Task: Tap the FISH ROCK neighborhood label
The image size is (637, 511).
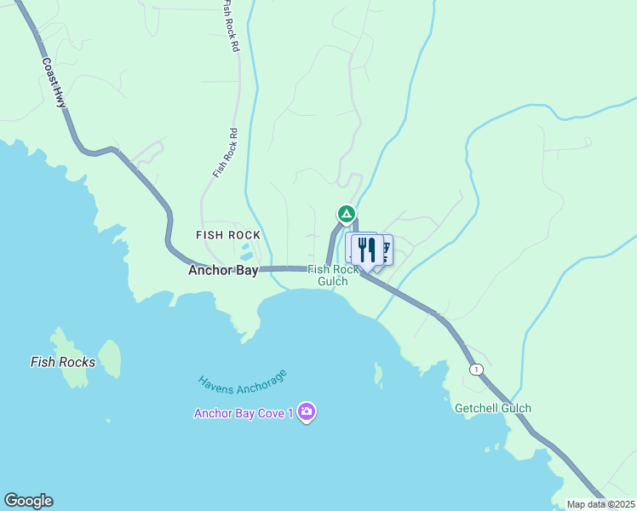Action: pyautogui.click(x=227, y=235)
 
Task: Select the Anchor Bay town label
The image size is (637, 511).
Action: pyautogui.click(x=223, y=271)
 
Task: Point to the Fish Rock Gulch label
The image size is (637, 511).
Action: pyautogui.click(x=333, y=275)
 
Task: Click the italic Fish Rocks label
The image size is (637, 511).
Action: pyautogui.click(x=63, y=362)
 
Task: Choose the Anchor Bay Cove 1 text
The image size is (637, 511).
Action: pyautogui.click(x=244, y=414)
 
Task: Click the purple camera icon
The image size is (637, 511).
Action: pyautogui.click(x=307, y=413)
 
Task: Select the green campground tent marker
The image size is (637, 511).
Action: pyautogui.click(x=346, y=213)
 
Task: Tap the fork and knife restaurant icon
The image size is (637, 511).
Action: pyautogui.click(x=365, y=250)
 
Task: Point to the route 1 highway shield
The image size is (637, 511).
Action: pyautogui.click(x=475, y=368)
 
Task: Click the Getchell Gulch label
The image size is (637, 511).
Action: pyautogui.click(x=493, y=408)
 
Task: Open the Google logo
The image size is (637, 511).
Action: pyautogui.click(x=28, y=501)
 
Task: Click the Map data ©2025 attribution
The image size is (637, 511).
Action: pyautogui.click(x=600, y=504)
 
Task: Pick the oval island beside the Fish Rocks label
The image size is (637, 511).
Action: pyautogui.click(x=109, y=357)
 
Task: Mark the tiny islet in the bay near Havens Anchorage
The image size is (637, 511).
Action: pyautogui.click(x=378, y=373)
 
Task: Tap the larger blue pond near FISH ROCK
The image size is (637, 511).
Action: pyautogui.click(x=245, y=254)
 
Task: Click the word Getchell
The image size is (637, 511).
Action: pyautogui.click(x=475, y=408)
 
